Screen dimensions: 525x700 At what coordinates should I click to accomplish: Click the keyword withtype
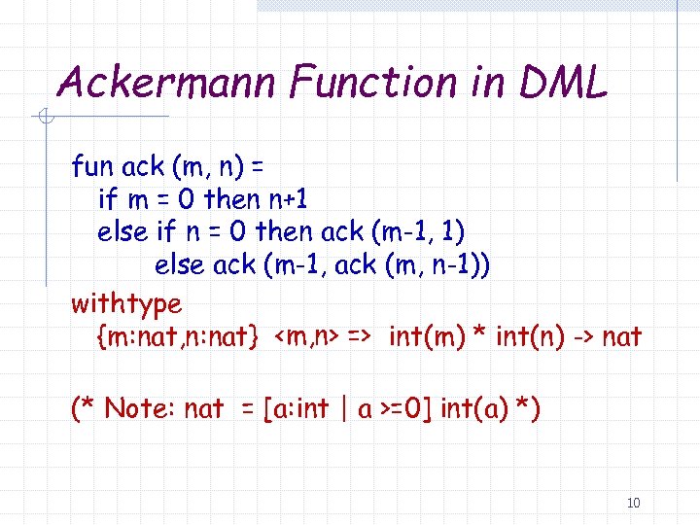[126, 304]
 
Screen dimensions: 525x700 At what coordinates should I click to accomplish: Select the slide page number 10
[634, 503]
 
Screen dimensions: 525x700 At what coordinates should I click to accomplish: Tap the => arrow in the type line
[359, 337]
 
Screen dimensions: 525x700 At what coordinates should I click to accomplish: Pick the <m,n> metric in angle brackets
[304, 337]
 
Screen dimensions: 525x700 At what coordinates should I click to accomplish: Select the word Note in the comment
[137, 408]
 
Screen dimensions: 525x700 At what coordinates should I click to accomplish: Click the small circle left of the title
[44, 119]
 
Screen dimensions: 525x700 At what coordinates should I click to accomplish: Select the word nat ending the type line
[622, 337]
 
